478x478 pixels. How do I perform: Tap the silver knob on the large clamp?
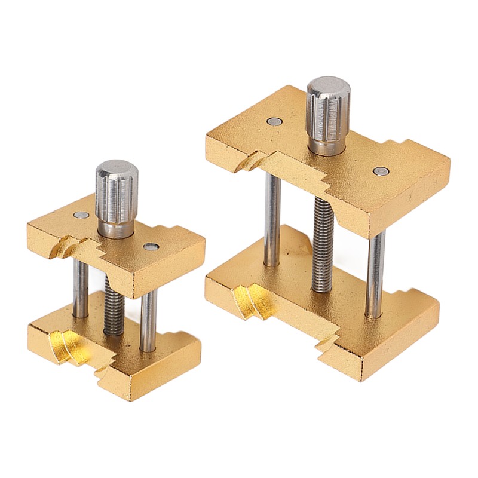(328, 111)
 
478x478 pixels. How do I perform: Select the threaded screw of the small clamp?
(114, 305)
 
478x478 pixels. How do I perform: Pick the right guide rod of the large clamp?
(376, 272)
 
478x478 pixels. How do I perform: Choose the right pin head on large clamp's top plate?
(379, 171)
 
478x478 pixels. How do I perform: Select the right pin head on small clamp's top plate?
(150, 246)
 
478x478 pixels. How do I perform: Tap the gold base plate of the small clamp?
(149, 370)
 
